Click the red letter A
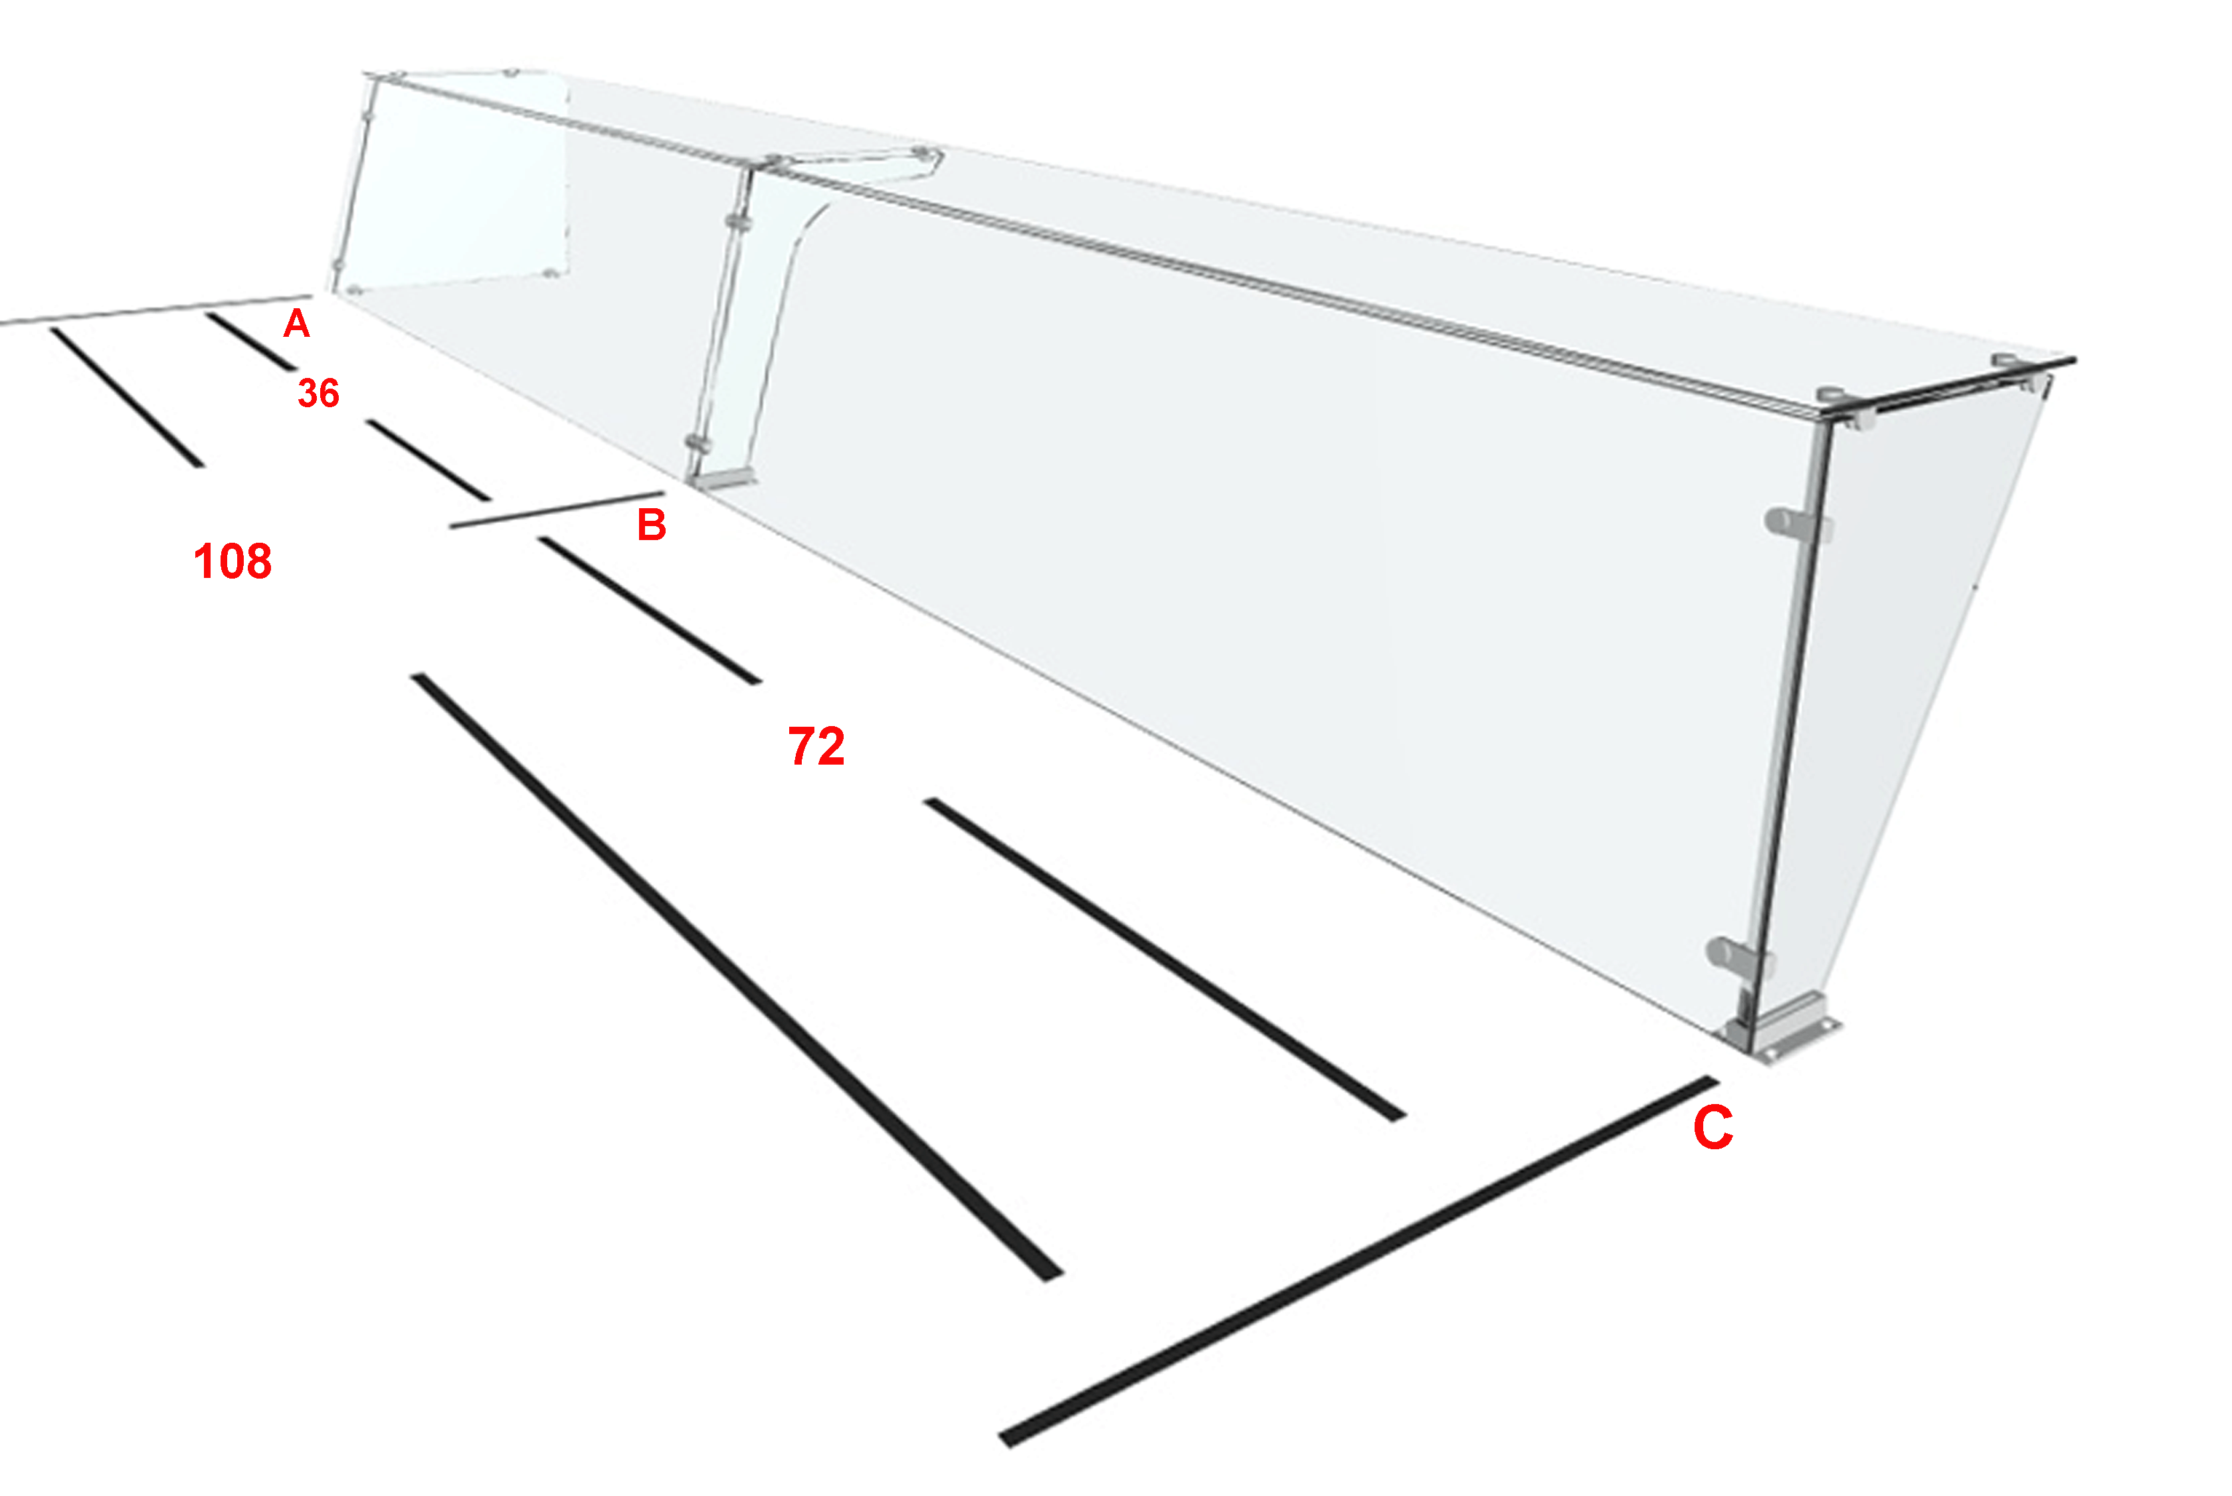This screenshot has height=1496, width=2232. (x=297, y=324)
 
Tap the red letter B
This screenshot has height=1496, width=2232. (x=652, y=525)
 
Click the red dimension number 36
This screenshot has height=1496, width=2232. (x=319, y=393)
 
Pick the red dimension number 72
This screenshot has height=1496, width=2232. (x=816, y=746)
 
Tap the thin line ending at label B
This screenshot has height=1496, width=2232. (x=557, y=510)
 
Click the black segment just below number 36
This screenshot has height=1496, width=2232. (x=428, y=460)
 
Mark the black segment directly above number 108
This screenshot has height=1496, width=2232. (x=127, y=397)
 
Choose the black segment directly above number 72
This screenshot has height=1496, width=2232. (x=650, y=610)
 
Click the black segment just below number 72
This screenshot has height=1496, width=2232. (x=1164, y=960)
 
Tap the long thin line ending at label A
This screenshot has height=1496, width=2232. (x=155, y=310)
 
